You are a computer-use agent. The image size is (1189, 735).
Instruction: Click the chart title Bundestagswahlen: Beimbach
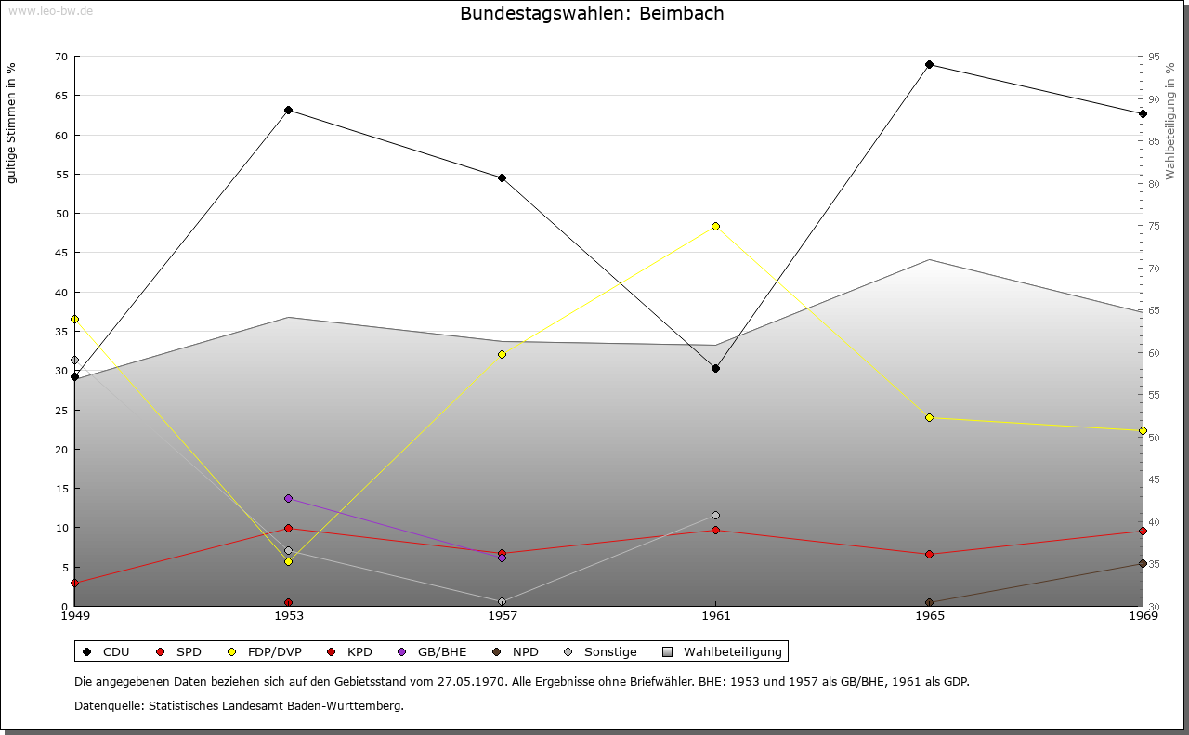pos(592,14)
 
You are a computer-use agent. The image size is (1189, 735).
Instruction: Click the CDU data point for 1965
pos(929,65)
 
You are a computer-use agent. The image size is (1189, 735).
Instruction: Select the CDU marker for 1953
pos(289,111)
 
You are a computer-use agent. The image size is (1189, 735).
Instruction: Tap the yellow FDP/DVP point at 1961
pos(715,226)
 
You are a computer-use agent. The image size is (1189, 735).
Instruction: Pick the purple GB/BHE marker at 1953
pos(289,499)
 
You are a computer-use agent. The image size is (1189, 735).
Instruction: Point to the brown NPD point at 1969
pos(1143,564)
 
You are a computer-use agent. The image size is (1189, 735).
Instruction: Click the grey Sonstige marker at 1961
pos(715,515)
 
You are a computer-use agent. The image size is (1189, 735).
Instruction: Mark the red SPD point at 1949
pos(75,584)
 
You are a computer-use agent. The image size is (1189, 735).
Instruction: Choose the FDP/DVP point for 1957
pos(503,354)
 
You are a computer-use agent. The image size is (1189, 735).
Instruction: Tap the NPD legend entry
pos(516,652)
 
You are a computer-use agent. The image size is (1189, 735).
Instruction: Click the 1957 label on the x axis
pos(503,615)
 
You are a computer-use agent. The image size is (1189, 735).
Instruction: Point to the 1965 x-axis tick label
pos(929,615)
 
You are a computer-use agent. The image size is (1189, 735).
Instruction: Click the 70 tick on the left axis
pos(60,57)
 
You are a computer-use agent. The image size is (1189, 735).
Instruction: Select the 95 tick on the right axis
pos(1153,57)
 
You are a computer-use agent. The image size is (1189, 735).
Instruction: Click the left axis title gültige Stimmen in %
pos(12,123)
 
